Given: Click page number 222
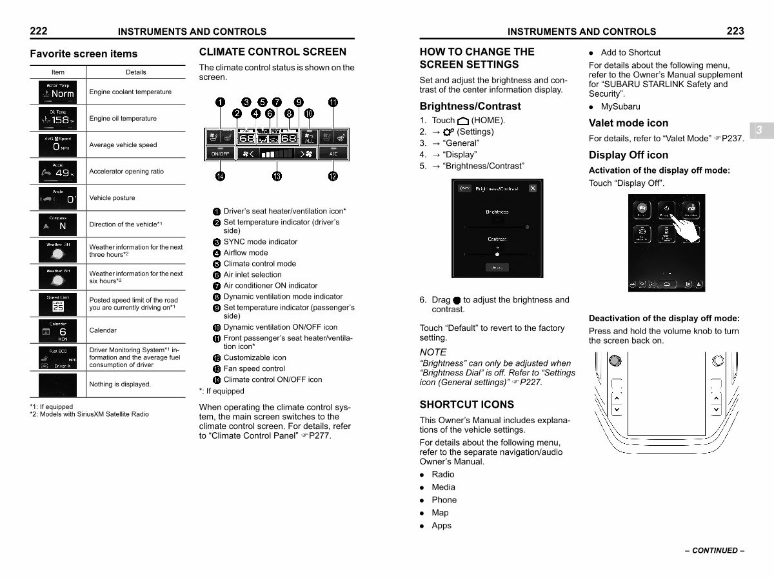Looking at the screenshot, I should tap(38, 31).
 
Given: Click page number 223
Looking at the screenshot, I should tap(735, 31).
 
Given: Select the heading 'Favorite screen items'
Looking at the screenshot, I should tap(83, 54).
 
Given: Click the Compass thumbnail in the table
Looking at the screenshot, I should tap(58, 224).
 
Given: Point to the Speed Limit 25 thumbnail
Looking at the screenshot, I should tap(58, 304).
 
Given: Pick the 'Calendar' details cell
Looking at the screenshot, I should tap(103, 330).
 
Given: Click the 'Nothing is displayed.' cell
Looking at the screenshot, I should tap(120, 384).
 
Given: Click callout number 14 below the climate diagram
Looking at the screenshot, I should tap(221, 176).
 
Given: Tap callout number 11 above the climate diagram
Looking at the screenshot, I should tap(333, 102).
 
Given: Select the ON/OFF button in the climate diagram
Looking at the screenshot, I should tap(221, 154).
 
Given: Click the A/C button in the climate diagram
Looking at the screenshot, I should tap(333, 154).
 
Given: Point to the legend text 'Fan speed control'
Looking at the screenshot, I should tap(253, 368).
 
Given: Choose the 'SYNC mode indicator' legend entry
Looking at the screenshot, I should tap(260, 242).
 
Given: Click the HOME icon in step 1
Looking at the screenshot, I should tap(463, 121).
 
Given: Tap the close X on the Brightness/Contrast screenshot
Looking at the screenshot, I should tap(532, 188).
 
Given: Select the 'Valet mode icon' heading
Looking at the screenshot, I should tap(628, 123).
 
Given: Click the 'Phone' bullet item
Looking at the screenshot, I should tap(444, 500).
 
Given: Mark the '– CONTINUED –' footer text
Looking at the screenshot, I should tap(715, 551).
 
